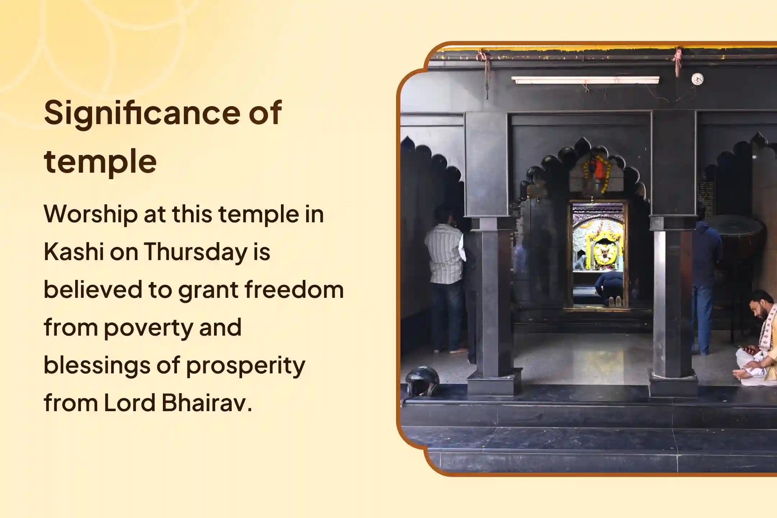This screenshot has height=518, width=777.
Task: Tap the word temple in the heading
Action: click(100, 161)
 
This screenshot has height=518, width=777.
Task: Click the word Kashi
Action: click(74, 251)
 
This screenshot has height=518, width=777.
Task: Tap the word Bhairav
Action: click(207, 403)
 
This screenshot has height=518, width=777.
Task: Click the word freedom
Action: click(294, 290)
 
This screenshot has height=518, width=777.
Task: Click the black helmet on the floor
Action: click(422, 381)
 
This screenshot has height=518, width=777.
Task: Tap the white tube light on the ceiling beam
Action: click(585, 80)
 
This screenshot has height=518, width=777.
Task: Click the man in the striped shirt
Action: click(445, 273)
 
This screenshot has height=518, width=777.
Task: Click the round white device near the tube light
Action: click(697, 79)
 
